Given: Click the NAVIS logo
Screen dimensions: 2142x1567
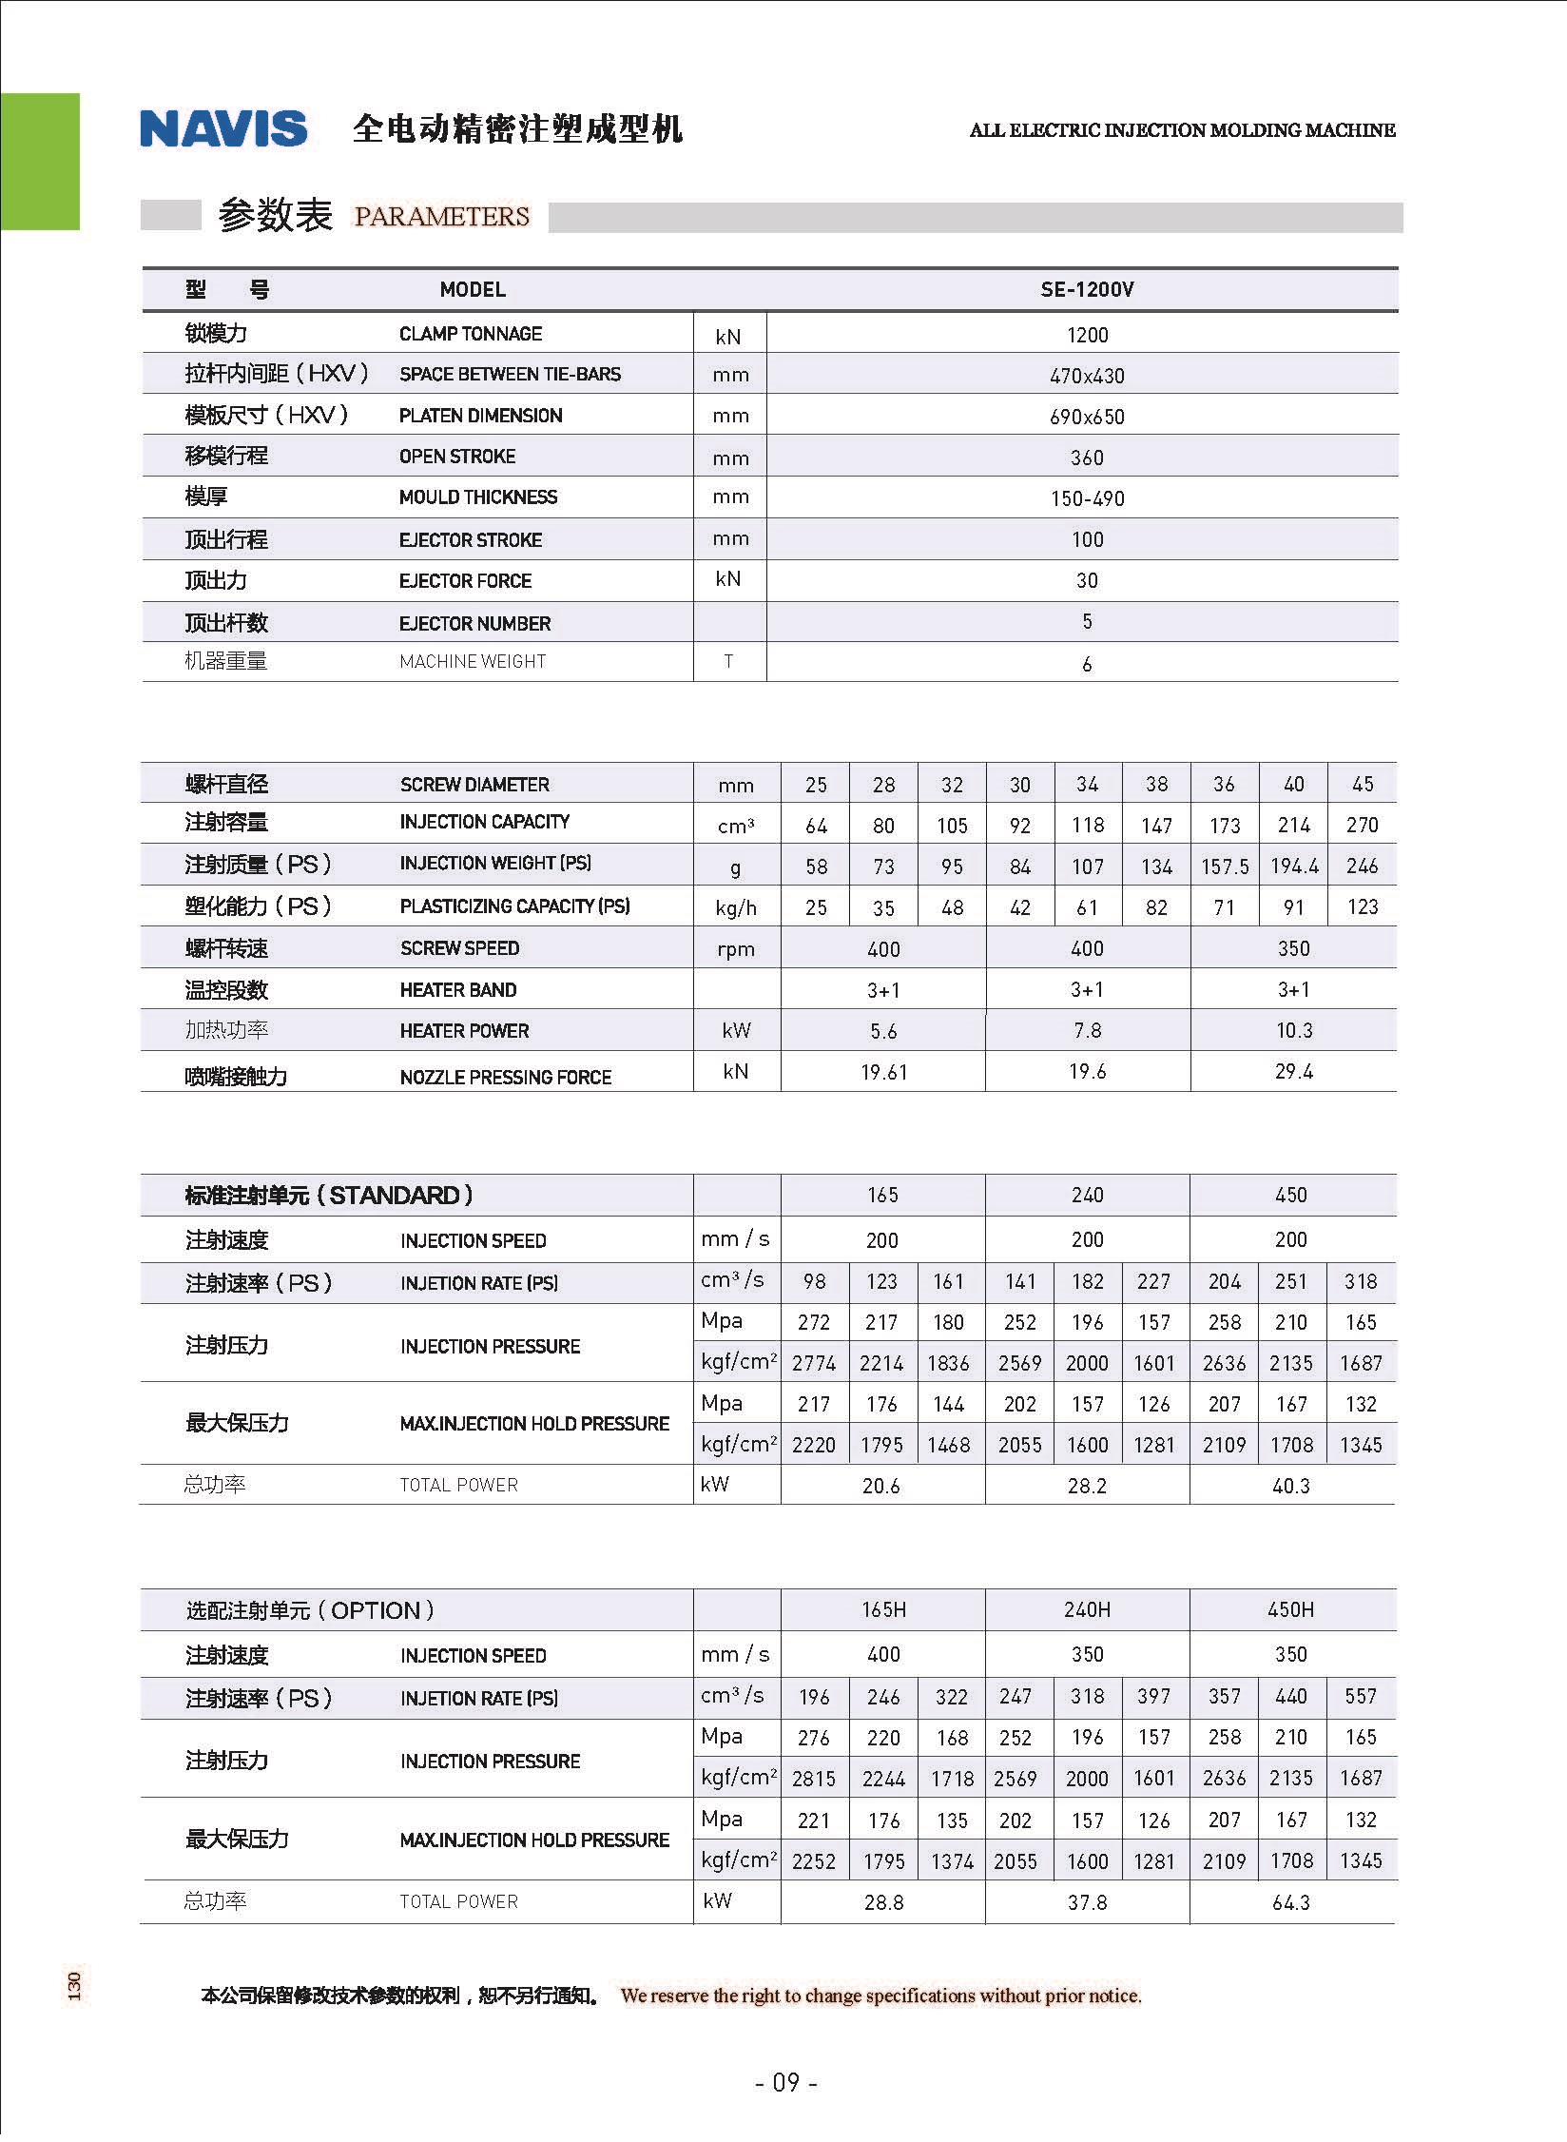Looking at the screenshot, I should click(x=223, y=129).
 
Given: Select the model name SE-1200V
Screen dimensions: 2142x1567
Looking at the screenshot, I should click(x=1087, y=289).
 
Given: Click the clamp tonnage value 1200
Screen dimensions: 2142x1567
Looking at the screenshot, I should click(x=1087, y=335).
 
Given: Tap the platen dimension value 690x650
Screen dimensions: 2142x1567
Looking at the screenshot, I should click(x=1087, y=417).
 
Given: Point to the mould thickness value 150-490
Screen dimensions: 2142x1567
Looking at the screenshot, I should click(x=1087, y=498).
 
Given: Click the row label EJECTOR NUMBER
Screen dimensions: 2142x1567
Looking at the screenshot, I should click(x=474, y=624).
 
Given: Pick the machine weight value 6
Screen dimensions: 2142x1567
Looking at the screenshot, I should click(x=1087, y=664).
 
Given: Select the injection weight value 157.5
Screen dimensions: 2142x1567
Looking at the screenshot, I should click(x=1225, y=867).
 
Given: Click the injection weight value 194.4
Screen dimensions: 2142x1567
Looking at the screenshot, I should click(x=1294, y=867).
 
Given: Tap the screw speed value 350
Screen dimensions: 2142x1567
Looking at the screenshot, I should click(x=1293, y=948).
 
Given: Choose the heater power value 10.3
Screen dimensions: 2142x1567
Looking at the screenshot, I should click(x=1293, y=1030).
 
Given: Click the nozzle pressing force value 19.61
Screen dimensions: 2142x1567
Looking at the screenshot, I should click(x=883, y=1072).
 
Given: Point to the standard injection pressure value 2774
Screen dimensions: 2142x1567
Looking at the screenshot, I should click(x=814, y=1363).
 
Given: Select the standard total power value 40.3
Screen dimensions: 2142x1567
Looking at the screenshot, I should click(x=1290, y=1486).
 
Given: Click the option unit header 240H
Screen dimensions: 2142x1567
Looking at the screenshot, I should click(x=1087, y=1609).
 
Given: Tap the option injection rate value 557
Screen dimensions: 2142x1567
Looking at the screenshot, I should click(x=1361, y=1696).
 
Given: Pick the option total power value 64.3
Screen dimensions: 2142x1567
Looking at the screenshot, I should click(x=1290, y=1901).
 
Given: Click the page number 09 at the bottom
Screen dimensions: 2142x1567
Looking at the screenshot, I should click(x=785, y=2083).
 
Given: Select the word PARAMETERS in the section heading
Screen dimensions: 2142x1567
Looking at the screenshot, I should click(x=441, y=217).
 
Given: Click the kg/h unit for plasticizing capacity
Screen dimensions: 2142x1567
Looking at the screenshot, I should click(x=736, y=907).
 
